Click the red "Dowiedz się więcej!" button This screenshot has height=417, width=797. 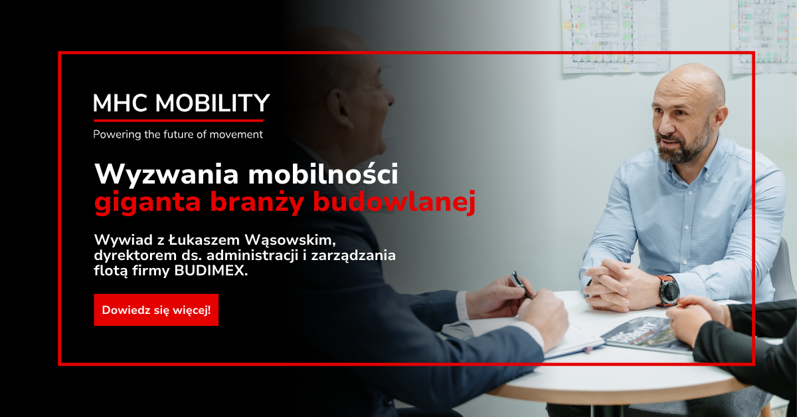[156, 310]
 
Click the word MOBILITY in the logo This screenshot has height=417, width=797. [213, 103]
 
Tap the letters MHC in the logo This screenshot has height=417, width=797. [120, 103]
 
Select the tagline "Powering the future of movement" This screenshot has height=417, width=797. [178, 134]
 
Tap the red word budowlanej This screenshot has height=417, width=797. [395, 202]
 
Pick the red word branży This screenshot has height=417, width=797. [257, 202]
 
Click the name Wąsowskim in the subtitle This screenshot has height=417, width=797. [290, 240]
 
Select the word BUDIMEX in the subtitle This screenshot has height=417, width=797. [211, 271]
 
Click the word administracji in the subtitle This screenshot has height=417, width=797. [252, 255]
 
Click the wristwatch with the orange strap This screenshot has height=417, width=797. [667, 291]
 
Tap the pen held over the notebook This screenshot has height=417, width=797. [522, 285]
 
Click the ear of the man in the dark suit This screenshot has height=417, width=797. [341, 108]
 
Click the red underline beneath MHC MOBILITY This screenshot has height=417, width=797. [178, 121]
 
